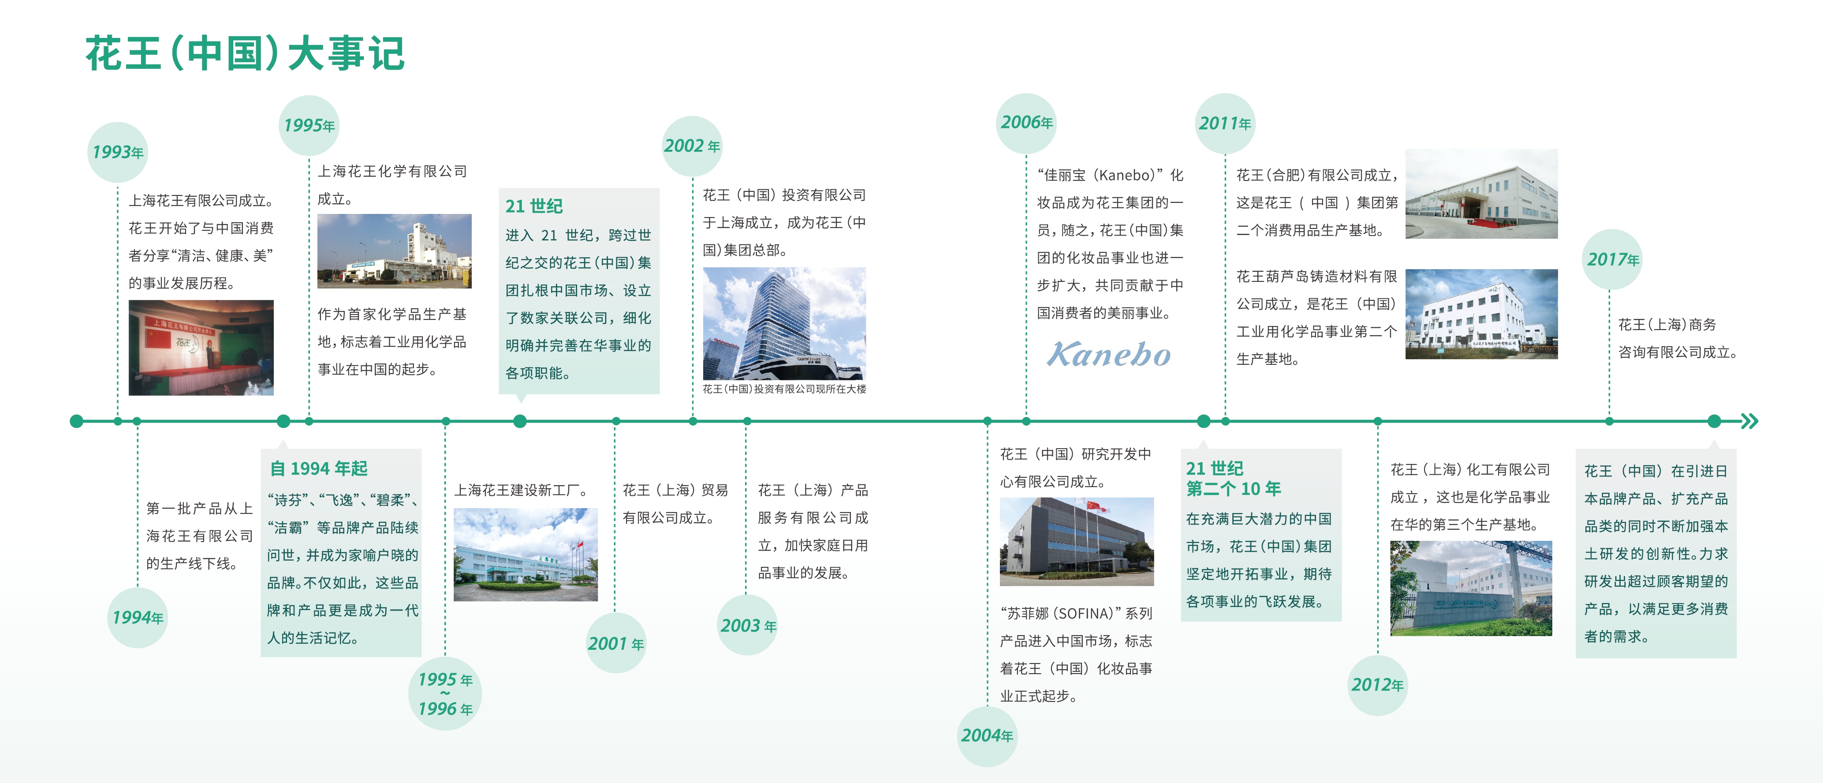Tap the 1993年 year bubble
[117, 152]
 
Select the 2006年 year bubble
[1026, 123]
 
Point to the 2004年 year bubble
[987, 735]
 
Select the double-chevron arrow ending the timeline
[1749, 421]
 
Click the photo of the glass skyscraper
[784, 323]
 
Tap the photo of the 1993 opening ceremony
[201, 348]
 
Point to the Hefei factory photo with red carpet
[1481, 193]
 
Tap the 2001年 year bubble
[616, 644]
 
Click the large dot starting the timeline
[76, 421]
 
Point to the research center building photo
[1077, 542]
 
